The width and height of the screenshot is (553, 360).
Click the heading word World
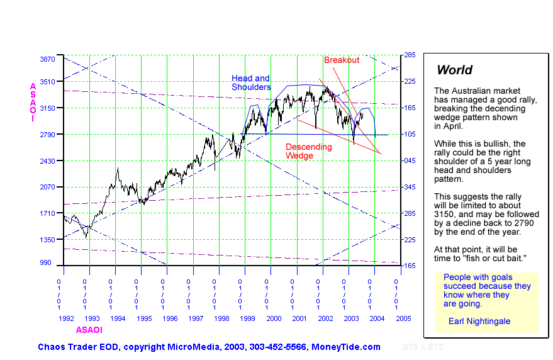point(454,70)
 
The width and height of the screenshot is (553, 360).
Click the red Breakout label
point(342,60)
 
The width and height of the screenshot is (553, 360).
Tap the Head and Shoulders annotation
point(251,83)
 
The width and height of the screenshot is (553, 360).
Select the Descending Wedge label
point(308,151)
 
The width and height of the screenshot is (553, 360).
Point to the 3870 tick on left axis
point(48,59)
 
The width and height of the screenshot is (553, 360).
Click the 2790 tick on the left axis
point(48,135)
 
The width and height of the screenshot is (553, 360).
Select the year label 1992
point(67,318)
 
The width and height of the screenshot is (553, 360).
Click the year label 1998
point(221,318)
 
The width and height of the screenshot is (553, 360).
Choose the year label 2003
point(351,318)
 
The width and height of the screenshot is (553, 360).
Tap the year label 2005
point(403,318)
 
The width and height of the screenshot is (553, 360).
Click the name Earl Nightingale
point(479,321)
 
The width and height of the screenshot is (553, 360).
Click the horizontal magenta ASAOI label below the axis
point(89,330)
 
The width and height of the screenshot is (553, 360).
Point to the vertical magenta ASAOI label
point(33,100)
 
